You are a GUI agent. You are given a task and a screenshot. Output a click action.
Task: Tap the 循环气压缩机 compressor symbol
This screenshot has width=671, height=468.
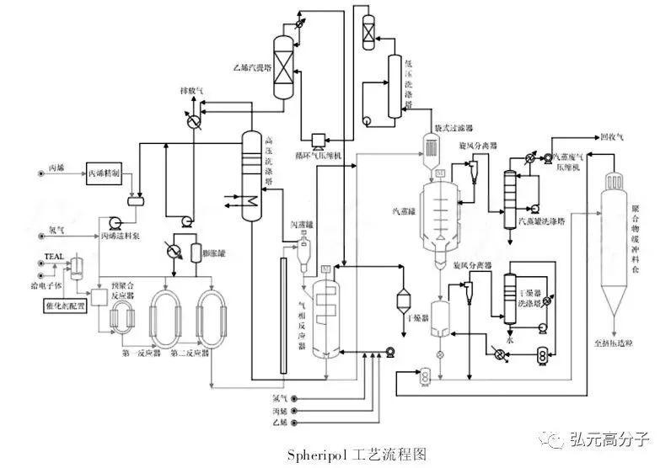tap(318, 140)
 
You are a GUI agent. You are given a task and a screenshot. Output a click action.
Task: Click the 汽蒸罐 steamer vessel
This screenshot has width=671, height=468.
tap(439, 206)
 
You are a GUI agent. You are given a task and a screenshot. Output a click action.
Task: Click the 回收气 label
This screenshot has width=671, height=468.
tap(610, 136)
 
